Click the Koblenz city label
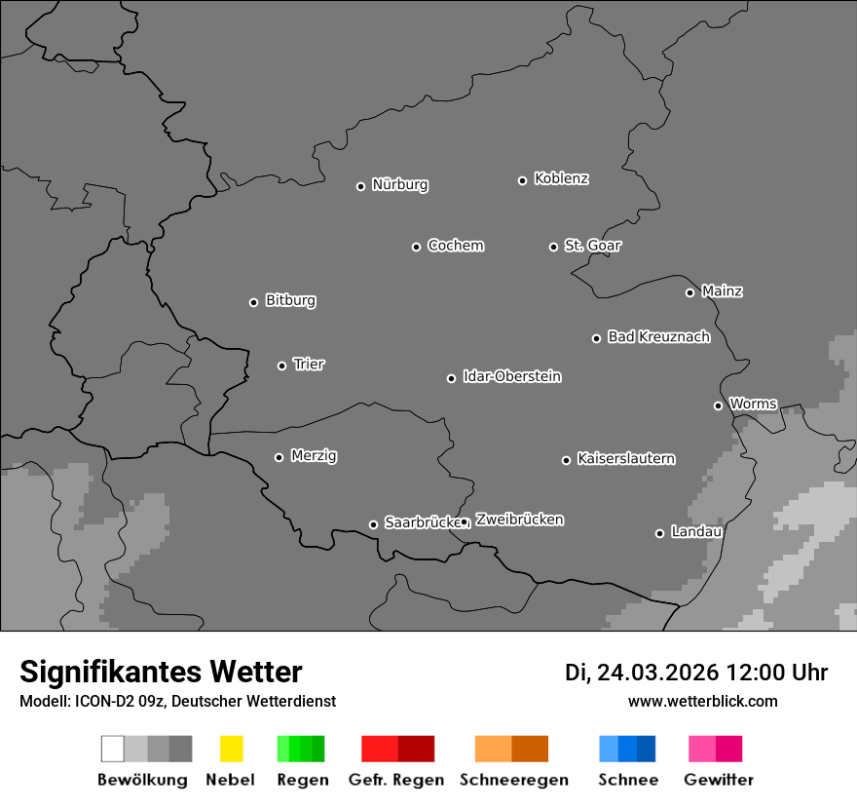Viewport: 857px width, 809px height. click(561, 178)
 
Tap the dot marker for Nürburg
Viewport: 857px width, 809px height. click(360, 186)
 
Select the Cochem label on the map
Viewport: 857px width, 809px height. click(456, 246)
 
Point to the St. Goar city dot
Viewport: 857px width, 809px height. click(553, 247)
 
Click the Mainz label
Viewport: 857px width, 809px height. click(722, 291)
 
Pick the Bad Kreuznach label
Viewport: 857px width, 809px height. click(658, 337)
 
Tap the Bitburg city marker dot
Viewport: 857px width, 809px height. click(253, 302)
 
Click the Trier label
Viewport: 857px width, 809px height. click(309, 365)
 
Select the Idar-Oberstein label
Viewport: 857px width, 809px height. click(512, 376)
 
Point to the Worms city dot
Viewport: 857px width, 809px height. click(718, 405)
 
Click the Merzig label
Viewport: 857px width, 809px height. click(314, 455)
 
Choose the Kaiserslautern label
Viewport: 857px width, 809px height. click(626, 458)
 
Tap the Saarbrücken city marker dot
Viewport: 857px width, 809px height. click(373, 524)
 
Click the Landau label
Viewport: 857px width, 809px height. click(696, 532)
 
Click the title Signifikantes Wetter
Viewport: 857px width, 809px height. click(161, 672)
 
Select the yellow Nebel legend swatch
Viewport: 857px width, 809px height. click(231, 749)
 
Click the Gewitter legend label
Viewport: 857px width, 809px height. click(719, 780)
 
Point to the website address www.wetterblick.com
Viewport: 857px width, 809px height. click(702, 701)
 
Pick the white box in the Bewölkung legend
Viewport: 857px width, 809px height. click(113, 749)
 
